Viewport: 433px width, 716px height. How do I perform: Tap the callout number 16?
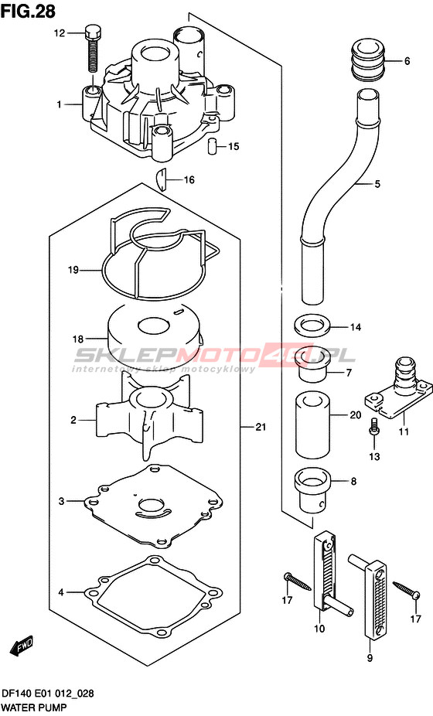189,180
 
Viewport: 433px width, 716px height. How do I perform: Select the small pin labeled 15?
212,147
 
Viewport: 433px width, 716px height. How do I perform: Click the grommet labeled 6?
369,61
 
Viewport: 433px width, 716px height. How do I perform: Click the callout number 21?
261,428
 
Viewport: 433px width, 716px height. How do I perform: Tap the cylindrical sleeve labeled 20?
312,424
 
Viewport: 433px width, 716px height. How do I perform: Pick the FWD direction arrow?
22,646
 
